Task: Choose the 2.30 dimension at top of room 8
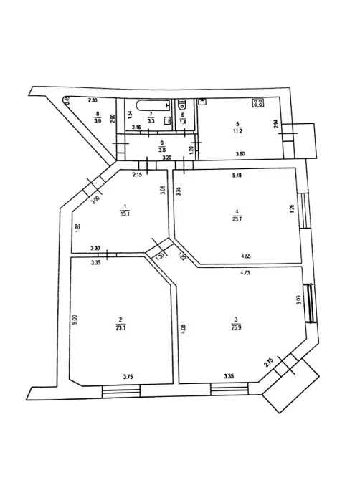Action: [93, 101]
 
